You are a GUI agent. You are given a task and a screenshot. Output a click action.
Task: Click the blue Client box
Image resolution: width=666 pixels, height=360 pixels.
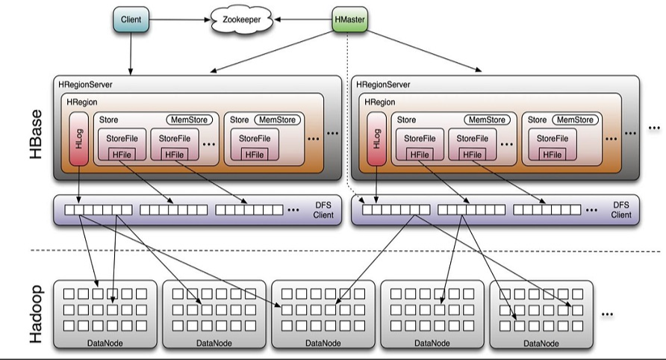[x=131, y=18]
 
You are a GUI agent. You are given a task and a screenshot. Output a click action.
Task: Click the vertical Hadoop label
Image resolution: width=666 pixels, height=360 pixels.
[x=35, y=313]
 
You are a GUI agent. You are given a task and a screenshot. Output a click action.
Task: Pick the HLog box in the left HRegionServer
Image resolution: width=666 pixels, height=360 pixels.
[x=78, y=141]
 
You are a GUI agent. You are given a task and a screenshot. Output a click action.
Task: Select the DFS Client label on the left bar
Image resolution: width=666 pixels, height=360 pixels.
[x=323, y=210]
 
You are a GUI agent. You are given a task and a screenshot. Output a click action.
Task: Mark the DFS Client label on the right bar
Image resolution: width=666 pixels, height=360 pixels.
[x=621, y=210]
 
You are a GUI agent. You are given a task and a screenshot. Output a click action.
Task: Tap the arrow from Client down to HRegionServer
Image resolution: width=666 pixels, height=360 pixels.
[x=131, y=52]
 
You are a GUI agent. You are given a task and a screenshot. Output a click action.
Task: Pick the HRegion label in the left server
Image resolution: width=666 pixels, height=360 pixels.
[x=81, y=102]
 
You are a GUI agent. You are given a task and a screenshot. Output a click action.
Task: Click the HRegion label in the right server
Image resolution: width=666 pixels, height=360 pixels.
[x=380, y=102]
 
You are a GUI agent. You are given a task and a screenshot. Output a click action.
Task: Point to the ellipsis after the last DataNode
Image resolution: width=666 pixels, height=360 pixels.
[x=607, y=314]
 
